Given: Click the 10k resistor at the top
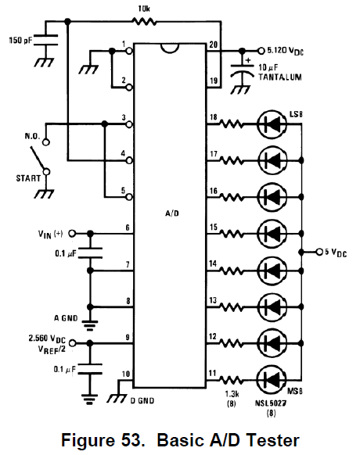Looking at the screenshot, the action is [x=144, y=21].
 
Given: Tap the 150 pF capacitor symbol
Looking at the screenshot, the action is [x=46, y=40].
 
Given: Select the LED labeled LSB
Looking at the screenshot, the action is [x=272, y=124].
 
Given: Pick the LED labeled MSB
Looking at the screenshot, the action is [x=272, y=380].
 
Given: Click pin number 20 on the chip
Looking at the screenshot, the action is [x=213, y=45].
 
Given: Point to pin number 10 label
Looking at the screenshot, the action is [x=126, y=374].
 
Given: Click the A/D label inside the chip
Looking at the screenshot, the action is [x=172, y=213].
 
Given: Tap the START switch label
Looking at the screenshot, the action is [x=28, y=178].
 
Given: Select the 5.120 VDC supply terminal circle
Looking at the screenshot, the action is [x=261, y=51].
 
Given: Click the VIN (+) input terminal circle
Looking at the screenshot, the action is [x=71, y=233].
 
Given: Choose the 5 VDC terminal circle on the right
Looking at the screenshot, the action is [x=319, y=252].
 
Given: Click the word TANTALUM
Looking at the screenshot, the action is [x=280, y=77].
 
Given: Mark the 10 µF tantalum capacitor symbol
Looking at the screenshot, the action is [x=242, y=70].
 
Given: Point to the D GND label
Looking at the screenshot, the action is [x=142, y=400].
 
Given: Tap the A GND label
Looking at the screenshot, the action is [x=66, y=318].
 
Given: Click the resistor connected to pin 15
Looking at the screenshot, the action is [x=232, y=233].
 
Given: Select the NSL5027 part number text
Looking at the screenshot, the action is [x=271, y=403].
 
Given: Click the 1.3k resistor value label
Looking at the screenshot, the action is [x=232, y=394].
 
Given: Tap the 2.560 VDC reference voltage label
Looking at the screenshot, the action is [x=47, y=339].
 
